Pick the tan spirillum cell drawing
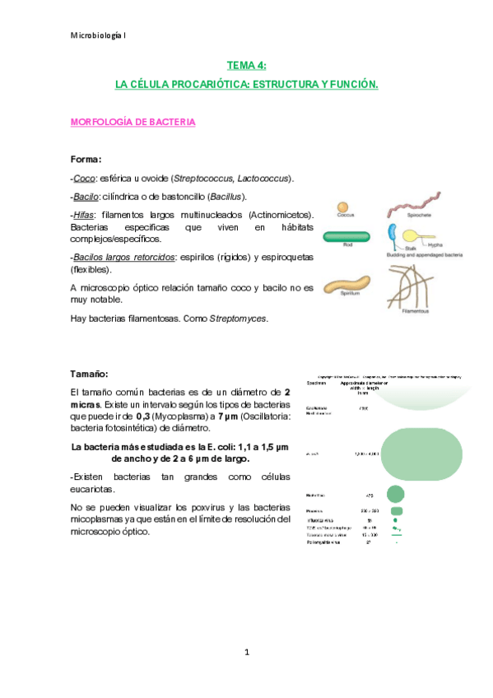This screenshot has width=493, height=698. click(x=346, y=286)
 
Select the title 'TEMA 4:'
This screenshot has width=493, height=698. click(x=246, y=65)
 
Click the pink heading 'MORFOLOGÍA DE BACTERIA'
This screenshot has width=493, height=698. click(x=133, y=122)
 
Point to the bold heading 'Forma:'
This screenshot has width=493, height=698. click(x=86, y=160)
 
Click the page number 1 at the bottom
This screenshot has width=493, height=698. click(x=246, y=652)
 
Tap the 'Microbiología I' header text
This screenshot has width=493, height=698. click(x=98, y=34)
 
